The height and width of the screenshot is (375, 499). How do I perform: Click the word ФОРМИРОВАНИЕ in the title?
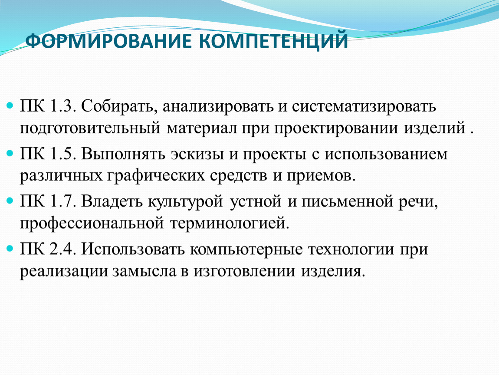(108, 40)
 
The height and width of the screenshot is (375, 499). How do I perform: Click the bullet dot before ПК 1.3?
(10, 105)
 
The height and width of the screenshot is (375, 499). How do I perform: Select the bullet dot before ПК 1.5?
(10, 153)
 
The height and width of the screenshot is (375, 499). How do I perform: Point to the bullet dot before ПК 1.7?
(10, 201)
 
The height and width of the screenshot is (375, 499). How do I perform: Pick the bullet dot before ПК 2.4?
(10, 248)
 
